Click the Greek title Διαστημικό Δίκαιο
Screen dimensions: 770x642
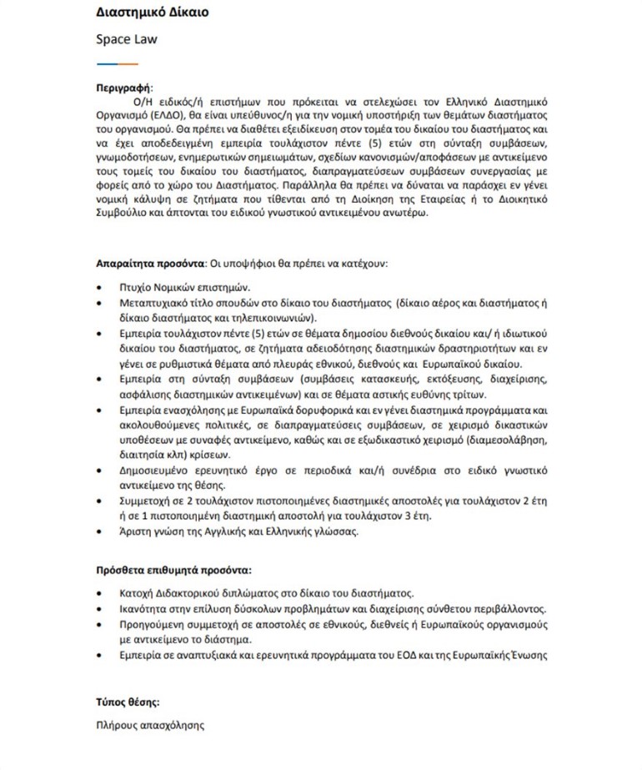(x=152, y=13)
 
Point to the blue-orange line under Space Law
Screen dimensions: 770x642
(x=117, y=63)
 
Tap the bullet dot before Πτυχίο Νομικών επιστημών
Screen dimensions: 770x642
(x=101, y=286)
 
